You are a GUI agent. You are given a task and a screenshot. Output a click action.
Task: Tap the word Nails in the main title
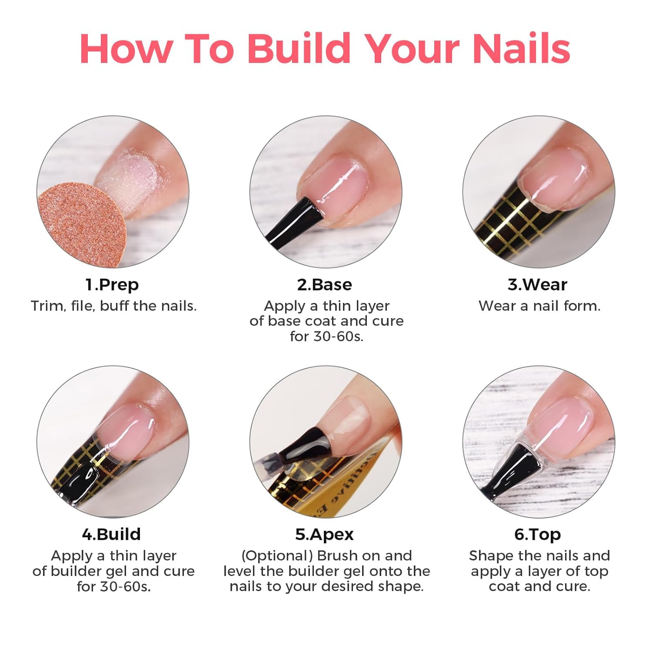click(x=521, y=48)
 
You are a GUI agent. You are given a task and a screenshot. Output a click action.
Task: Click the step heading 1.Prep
click(x=112, y=285)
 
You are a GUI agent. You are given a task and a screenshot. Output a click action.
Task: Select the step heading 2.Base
click(x=325, y=285)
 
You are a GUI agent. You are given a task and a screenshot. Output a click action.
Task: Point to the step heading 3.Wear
click(x=537, y=285)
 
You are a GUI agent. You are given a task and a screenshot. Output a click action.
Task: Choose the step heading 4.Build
click(x=112, y=534)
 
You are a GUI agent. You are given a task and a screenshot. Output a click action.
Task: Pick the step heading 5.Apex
click(x=325, y=534)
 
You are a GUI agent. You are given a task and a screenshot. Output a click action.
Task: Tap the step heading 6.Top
click(x=538, y=534)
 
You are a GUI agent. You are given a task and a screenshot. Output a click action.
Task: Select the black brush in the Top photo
click(x=509, y=469)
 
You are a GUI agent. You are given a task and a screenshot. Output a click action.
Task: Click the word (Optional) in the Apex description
click(x=277, y=556)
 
